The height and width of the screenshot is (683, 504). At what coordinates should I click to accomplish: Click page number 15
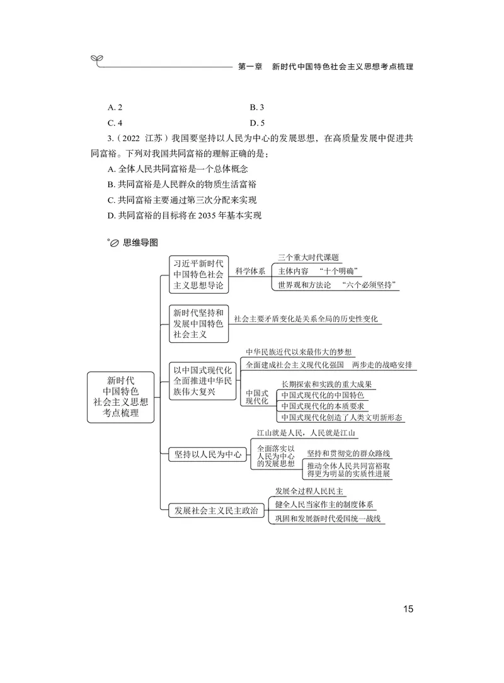(x=408, y=609)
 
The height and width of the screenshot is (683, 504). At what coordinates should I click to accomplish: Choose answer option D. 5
(x=257, y=123)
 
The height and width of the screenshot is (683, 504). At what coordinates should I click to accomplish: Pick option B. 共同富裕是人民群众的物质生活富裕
(x=182, y=184)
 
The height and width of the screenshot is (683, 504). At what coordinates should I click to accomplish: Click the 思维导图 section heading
(x=140, y=242)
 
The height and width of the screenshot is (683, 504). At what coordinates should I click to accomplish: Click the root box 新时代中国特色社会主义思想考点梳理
(x=120, y=397)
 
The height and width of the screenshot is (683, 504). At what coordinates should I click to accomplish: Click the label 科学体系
(x=250, y=271)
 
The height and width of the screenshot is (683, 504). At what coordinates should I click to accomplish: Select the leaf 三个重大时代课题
(x=309, y=257)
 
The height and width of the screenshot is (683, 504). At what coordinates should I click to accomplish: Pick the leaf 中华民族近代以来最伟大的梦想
(x=299, y=352)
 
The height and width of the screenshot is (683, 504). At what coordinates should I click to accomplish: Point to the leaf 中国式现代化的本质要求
(x=323, y=406)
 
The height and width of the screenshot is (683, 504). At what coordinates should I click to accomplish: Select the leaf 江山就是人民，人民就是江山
(x=306, y=433)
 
